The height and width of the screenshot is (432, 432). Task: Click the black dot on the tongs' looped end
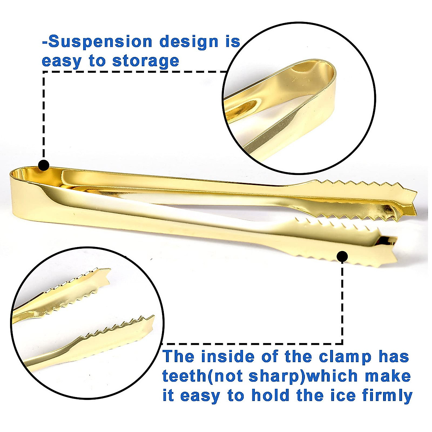coord(44,165)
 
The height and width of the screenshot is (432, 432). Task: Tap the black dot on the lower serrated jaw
coord(342,256)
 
